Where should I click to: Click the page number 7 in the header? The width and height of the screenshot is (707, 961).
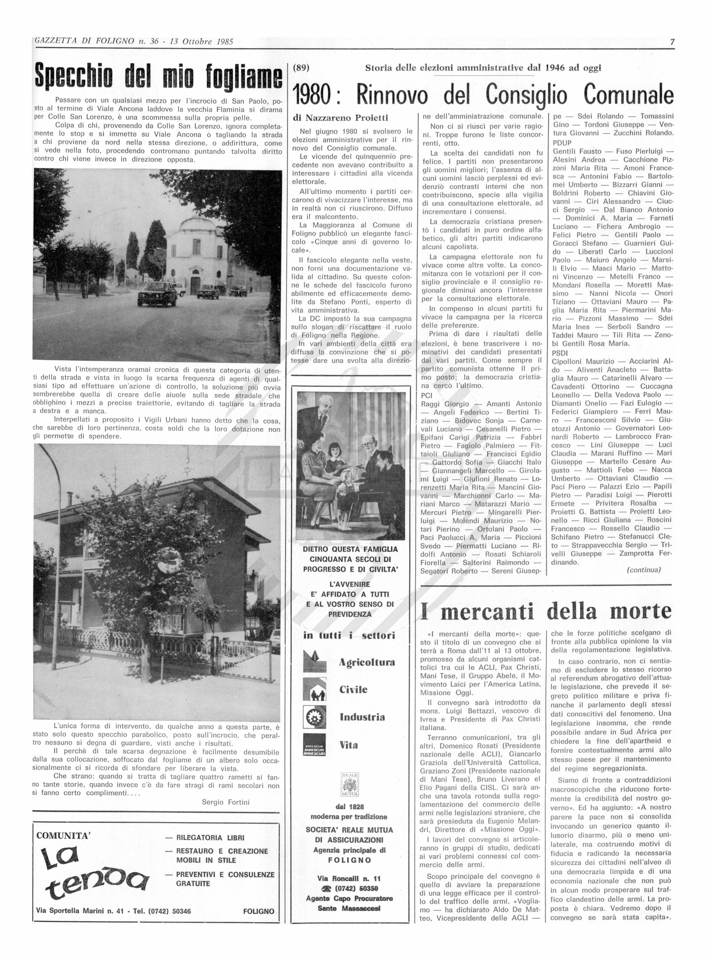tap(672, 42)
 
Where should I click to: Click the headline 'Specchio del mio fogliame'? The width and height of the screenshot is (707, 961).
tap(158, 76)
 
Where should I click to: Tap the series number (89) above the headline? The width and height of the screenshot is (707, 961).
tap(301, 68)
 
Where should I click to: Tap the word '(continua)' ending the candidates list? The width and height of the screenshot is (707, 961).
tap(644, 570)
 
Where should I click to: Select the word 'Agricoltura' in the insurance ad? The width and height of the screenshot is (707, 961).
tap(367, 662)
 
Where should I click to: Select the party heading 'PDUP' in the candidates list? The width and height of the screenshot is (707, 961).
tap(562, 142)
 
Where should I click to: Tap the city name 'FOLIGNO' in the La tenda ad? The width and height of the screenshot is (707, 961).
tap(258, 911)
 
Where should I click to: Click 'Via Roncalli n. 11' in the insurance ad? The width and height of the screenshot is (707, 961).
tap(349, 878)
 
